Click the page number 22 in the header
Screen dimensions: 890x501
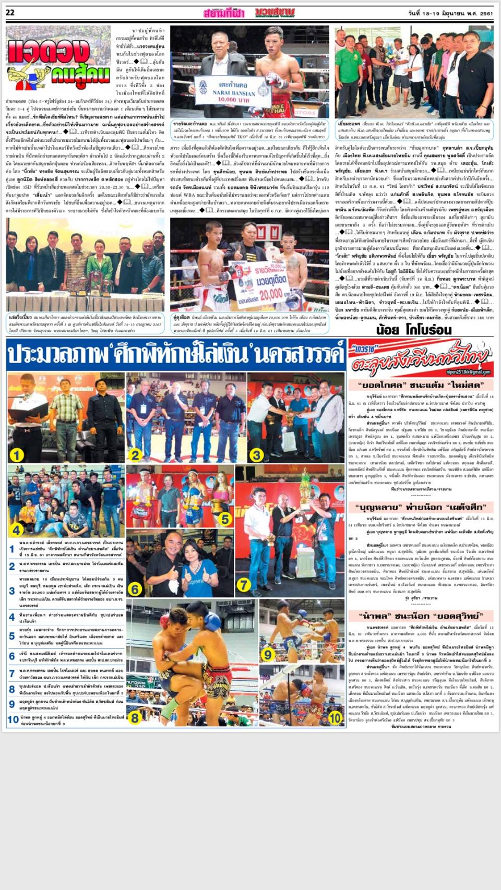coord(10,13)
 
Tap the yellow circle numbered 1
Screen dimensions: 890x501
coord(17,455)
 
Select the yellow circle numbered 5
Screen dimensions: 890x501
coord(225,519)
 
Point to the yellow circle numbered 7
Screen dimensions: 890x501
coord(244,585)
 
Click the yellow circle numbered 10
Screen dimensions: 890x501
coord(335,718)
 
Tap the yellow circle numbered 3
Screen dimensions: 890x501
coord(256,455)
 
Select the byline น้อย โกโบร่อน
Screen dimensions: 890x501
coord(413,329)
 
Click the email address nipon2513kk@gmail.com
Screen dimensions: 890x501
coord(472,372)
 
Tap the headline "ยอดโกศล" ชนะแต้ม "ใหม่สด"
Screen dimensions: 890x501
coord(420,386)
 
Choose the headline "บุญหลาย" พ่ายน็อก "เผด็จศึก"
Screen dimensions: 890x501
coord(420,507)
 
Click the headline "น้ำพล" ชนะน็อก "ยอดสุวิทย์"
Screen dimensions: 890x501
coord(420,616)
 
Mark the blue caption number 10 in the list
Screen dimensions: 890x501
coord(13,720)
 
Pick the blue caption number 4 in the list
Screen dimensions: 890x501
coord(12,617)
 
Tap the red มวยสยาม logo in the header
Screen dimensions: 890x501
coord(275,13)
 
